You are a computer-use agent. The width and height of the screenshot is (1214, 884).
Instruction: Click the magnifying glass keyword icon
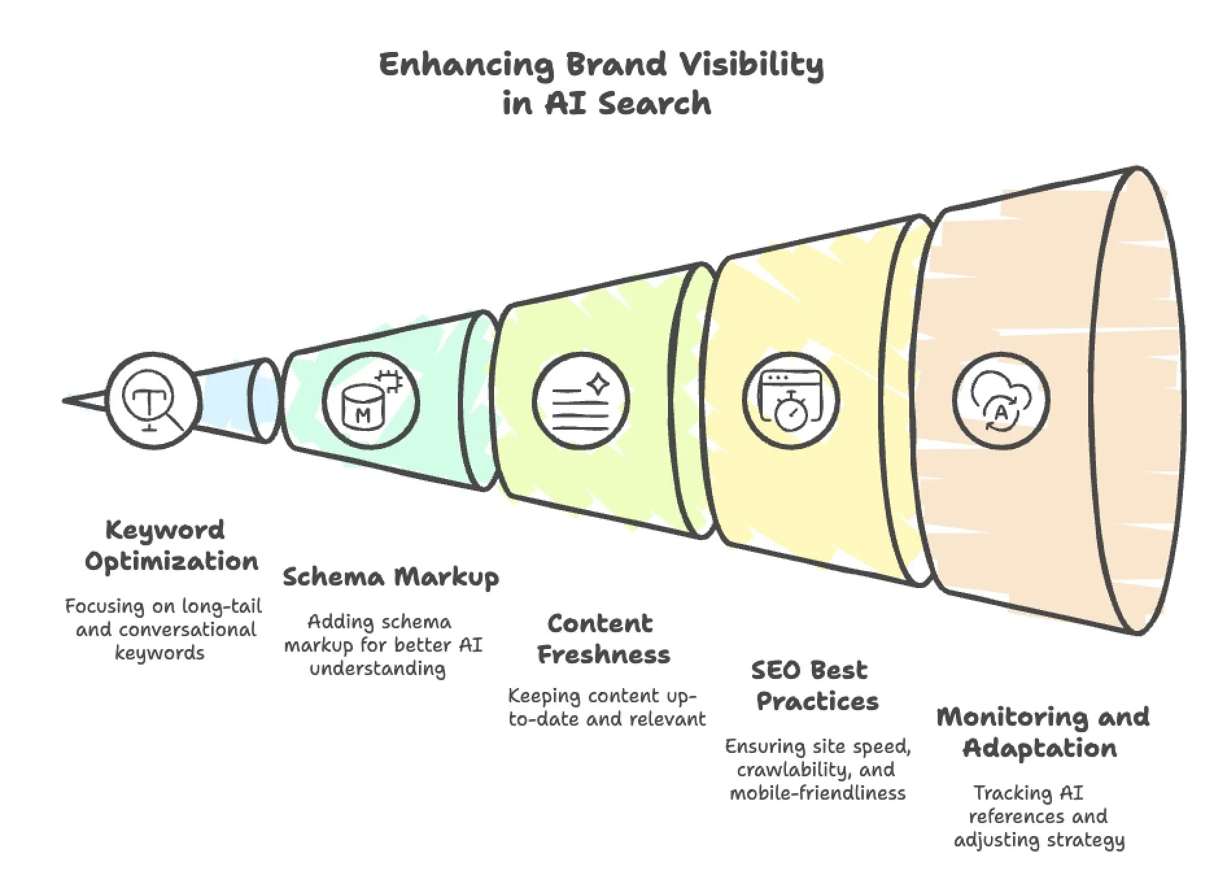154,400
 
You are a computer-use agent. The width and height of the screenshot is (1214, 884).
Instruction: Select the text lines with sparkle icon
581,400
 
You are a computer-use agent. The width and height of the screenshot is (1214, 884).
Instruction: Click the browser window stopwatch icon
791,400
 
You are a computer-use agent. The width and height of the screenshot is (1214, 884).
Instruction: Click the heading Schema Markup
390,577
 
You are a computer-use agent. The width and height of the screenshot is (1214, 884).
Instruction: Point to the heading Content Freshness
603,639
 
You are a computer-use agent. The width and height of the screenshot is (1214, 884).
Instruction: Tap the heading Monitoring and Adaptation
1042,732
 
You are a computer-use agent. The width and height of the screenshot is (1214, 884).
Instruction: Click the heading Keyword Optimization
171,546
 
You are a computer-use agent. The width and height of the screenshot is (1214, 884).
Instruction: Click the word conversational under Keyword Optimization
188,630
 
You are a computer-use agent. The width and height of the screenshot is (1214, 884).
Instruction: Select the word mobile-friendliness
817,792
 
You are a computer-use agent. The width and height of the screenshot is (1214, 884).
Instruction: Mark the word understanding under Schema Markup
377,669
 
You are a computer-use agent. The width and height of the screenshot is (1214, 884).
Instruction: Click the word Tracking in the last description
1005,792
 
